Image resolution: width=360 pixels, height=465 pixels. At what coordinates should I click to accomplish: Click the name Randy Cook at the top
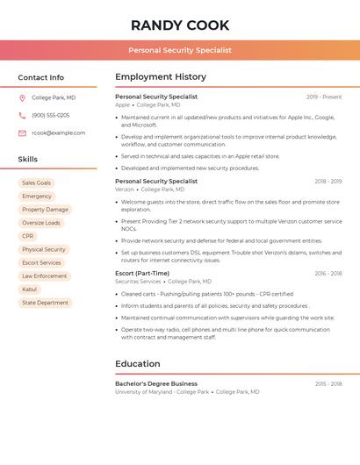[x=180, y=25]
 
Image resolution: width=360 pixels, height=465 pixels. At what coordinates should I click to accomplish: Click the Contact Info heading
[x=40, y=77]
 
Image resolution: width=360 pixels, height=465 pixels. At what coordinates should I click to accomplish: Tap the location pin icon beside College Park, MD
[x=22, y=98]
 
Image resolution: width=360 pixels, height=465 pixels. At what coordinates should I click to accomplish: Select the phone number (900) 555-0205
[x=50, y=115]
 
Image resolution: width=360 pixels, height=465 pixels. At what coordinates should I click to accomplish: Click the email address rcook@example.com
[x=58, y=132]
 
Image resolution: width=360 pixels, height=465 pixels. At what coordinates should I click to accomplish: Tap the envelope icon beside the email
[x=22, y=132]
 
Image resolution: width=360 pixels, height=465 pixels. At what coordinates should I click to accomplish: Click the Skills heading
[x=28, y=160]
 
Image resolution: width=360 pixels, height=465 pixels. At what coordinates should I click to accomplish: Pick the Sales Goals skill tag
[x=37, y=182]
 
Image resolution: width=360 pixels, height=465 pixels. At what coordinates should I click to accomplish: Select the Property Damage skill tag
[x=45, y=210]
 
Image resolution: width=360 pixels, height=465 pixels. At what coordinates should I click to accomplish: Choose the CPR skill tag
[x=28, y=236]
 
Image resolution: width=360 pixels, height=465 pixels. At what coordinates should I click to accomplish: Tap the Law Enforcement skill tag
[x=44, y=275]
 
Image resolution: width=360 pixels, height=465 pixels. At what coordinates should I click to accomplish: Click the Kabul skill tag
[x=30, y=289]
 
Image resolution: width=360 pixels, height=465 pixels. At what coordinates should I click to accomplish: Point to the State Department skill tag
[x=45, y=303]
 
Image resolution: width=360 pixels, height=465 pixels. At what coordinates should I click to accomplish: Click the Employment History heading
[x=161, y=77]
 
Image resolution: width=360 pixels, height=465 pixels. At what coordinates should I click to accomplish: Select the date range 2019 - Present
[x=324, y=97]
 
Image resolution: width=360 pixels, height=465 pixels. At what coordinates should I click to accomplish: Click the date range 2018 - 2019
[x=328, y=181]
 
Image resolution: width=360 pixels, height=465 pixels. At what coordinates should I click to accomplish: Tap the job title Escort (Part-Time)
[x=142, y=273]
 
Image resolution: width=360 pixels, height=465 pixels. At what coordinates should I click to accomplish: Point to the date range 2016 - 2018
[x=328, y=273]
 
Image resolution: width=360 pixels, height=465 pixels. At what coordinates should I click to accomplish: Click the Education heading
[x=138, y=363]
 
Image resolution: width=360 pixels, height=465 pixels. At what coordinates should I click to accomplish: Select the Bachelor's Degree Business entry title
[x=156, y=383]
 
